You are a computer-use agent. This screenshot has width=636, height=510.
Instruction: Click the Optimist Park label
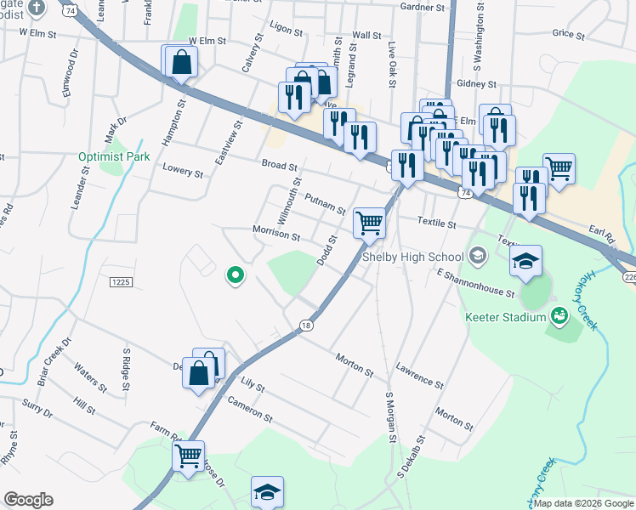pyautogui.click(x=114, y=156)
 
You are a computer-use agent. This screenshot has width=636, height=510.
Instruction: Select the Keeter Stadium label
pyautogui.click(x=505, y=317)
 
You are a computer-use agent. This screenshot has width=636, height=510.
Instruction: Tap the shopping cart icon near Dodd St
pyautogui.click(x=370, y=223)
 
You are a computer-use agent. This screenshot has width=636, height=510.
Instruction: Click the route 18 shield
pyautogui.click(x=306, y=325)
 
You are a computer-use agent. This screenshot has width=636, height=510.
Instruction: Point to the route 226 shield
pyautogui.click(x=628, y=277)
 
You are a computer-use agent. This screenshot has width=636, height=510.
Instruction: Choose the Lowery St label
pyautogui.click(x=183, y=173)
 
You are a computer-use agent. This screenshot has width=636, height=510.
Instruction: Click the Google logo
pyautogui.click(x=28, y=499)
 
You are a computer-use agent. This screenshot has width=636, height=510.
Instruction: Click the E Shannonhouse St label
pyautogui.click(x=475, y=284)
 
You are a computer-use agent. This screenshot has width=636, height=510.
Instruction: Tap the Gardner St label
pyautogui.click(x=422, y=8)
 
